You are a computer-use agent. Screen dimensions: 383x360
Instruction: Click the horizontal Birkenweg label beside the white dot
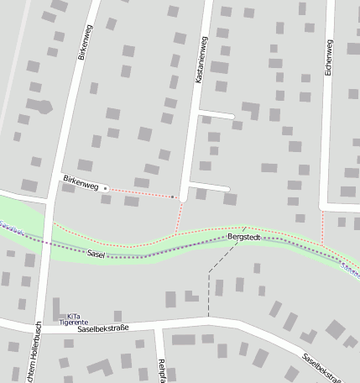click(81, 181)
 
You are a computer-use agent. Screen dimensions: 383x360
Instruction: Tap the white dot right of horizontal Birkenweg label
click(105, 188)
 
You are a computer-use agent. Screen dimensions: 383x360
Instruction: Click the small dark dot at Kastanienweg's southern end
click(174, 197)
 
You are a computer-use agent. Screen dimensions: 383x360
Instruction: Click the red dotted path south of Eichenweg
click(322, 227)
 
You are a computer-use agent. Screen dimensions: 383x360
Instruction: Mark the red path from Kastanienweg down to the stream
click(178, 217)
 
